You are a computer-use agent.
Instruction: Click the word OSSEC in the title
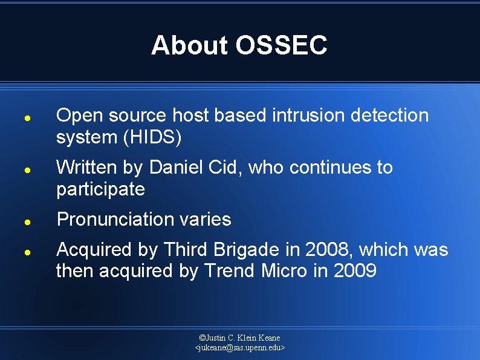pyautogui.click(x=282, y=45)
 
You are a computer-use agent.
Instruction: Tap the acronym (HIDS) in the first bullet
pyautogui.click(x=152, y=138)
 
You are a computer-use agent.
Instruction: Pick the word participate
pyautogui.click(x=100, y=190)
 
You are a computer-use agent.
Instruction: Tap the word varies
pyautogui.click(x=207, y=219)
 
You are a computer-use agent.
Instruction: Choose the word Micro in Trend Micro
pyautogui.click(x=285, y=271)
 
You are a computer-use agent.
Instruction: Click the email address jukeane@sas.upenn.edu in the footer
pyautogui.click(x=240, y=348)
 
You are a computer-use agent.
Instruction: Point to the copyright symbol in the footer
pyautogui.click(x=202, y=338)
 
